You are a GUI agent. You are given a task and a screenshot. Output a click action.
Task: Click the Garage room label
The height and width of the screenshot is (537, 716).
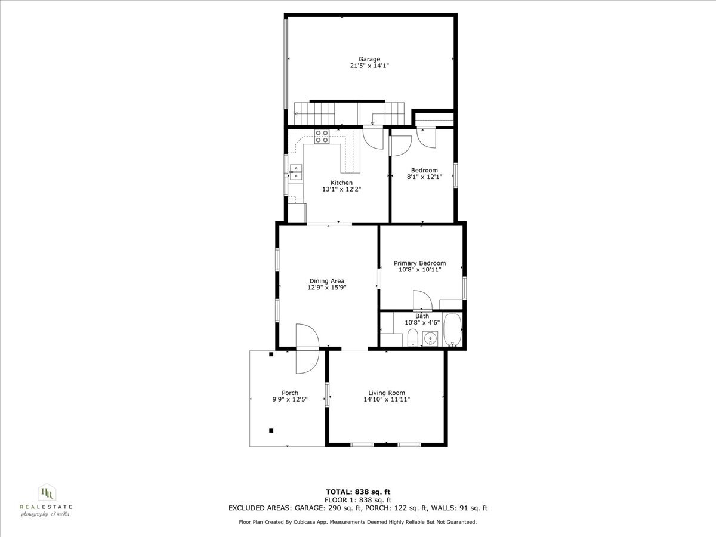point(369,59)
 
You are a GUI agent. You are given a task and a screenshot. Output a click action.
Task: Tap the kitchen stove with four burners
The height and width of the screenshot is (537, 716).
point(322,137)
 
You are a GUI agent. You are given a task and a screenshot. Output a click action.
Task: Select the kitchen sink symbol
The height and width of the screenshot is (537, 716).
point(296,172)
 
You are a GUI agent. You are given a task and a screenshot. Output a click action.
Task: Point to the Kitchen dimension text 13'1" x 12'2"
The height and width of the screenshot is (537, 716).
point(342,189)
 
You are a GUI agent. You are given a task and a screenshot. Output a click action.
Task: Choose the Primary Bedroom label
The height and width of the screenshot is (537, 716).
point(419,263)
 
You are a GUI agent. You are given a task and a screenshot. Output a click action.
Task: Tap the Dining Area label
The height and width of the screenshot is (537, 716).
point(326,281)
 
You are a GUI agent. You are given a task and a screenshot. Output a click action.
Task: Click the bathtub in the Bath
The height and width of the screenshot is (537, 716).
point(452,330)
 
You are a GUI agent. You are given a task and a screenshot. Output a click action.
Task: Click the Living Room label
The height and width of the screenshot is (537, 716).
point(387,393)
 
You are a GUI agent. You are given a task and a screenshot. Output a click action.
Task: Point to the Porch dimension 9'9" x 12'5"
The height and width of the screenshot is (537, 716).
point(290,399)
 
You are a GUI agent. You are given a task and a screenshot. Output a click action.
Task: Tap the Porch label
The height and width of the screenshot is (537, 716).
point(290,393)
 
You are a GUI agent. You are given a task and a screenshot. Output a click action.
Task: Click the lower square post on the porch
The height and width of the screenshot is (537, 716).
point(271,430)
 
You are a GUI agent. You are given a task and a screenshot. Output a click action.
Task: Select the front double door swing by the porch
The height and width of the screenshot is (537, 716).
point(308,348)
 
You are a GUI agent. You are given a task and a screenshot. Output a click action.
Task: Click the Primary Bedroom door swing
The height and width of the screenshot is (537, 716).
point(419,300)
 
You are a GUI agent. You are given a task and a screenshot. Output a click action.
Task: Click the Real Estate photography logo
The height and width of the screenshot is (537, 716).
point(46,500)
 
